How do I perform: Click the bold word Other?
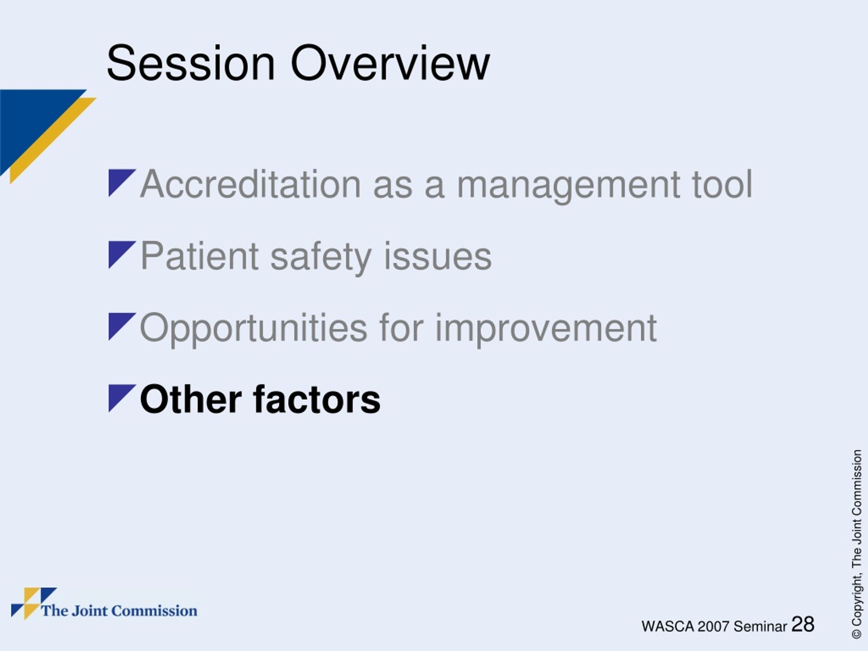pos(191,399)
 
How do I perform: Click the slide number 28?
pos(803,624)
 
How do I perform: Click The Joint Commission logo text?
pos(119,611)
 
